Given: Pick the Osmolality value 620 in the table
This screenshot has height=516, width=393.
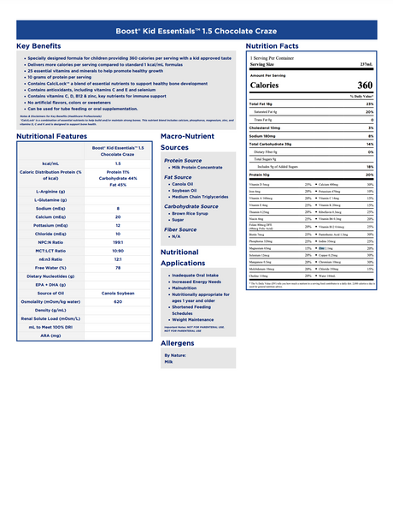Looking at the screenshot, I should [117, 302].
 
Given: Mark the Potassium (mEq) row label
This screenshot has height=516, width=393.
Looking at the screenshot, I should [48, 225].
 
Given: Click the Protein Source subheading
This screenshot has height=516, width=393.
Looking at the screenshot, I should [183, 160].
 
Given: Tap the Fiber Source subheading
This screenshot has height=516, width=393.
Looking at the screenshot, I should [180, 229].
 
